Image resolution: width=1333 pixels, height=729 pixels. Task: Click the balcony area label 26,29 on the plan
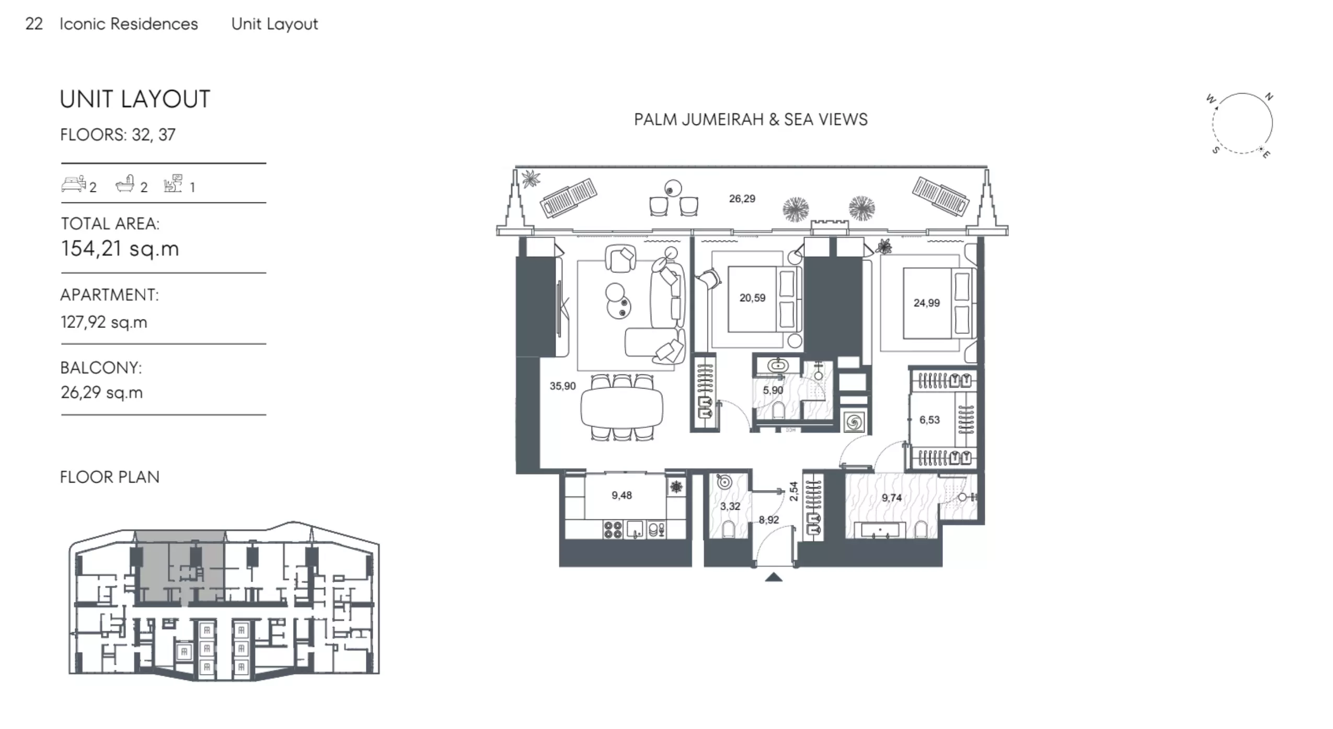[742, 199]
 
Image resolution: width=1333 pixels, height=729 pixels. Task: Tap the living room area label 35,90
[562, 386]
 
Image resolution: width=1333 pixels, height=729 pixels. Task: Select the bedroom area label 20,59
[752, 298]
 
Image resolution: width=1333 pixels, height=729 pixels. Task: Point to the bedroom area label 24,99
[926, 303]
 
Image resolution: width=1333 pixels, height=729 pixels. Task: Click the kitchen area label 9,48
[622, 495]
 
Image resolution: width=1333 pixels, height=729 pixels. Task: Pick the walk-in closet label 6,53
[929, 420]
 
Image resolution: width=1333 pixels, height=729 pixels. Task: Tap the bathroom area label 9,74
[892, 498]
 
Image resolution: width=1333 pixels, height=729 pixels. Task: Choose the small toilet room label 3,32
[730, 506]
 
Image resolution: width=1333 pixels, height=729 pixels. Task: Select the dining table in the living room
[622, 407]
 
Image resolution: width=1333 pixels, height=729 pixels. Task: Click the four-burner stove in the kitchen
[613, 529]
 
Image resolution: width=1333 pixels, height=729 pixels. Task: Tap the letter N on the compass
[1269, 97]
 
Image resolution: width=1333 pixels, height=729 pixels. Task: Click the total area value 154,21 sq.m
[120, 248]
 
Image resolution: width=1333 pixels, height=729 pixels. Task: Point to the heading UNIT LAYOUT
[135, 99]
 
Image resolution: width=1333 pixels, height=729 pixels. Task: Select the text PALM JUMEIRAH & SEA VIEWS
[751, 120]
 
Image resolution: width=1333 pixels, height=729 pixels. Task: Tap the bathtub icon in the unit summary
[125, 184]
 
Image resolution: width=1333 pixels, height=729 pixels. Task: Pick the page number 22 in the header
[34, 24]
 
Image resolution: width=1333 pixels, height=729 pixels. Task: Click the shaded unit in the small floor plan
[180, 567]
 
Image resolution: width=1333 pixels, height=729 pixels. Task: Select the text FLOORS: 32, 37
[118, 135]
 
